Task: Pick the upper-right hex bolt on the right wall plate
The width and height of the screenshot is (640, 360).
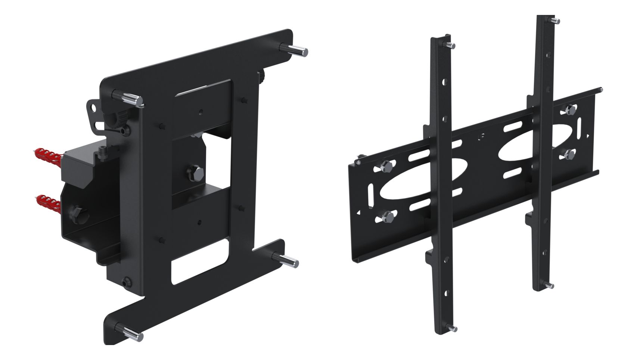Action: tap(568, 110)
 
